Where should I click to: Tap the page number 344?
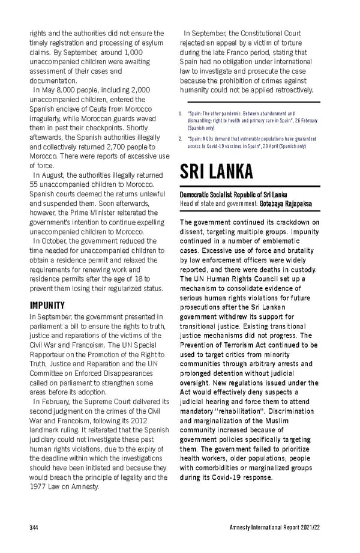(x=35, y=528)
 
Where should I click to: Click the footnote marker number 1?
(x=181, y=113)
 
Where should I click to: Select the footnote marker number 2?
(x=181, y=139)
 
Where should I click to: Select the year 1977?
(x=40, y=486)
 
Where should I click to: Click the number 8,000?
(x=62, y=89)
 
